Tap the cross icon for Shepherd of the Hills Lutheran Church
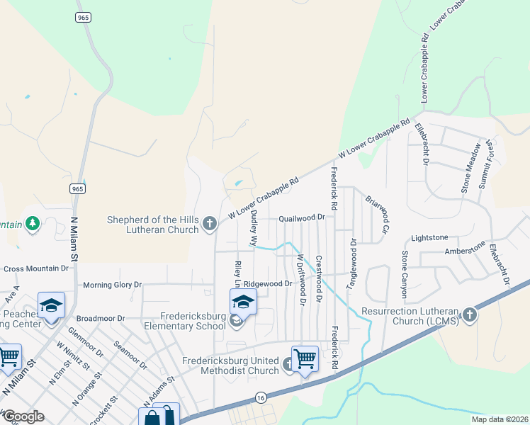click(209, 224)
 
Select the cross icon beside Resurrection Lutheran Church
click(469, 314)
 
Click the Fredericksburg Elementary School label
click(185, 320)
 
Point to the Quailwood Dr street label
click(301, 218)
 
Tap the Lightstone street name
click(429, 238)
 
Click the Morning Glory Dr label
click(113, 285)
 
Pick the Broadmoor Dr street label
click(100, 319)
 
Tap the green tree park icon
click(31, 224)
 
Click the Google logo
click(23, 416)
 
